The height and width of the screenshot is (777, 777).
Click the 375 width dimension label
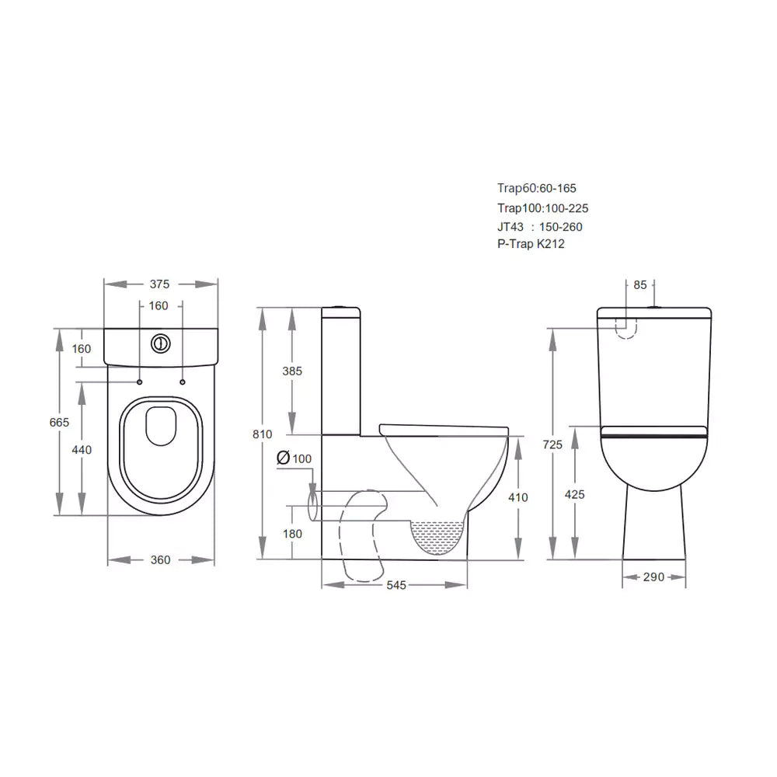click(160, 284)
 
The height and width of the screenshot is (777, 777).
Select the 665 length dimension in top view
click(59, 422)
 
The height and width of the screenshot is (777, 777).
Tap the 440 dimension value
click(82, 450)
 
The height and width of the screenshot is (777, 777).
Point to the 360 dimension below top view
click(160, 560)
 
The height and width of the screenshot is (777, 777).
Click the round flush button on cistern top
click(161, 342)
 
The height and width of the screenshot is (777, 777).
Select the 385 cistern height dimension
click(292, 371)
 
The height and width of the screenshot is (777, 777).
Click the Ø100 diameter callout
click(294, 458)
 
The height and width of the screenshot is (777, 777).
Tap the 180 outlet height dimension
click(292, 534)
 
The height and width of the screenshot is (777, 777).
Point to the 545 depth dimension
click(396, 585)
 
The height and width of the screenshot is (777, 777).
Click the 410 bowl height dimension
click(518, 497)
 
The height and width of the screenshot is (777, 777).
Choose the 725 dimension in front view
click(552, 444)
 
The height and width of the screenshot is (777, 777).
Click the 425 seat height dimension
click(575, 494)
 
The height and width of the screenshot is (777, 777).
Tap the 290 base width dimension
click(653, 577)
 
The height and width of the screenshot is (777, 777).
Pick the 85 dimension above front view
click(639, 285)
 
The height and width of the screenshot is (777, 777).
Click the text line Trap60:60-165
click(536, 188)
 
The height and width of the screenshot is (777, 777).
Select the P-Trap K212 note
click(531, 244)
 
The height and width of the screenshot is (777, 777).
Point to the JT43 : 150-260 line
click(539, 226)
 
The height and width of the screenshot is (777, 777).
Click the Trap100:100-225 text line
click(542, 207)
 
